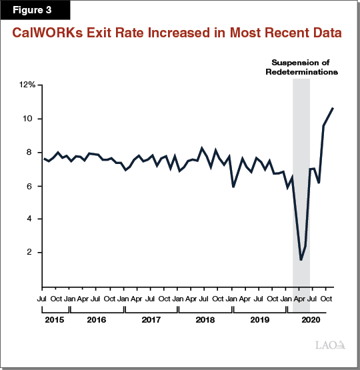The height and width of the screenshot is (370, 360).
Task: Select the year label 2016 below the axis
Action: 97,320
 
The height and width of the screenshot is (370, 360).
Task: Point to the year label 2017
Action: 151,320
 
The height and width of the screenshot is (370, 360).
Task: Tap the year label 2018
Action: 206,320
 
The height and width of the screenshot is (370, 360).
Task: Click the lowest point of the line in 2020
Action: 301,260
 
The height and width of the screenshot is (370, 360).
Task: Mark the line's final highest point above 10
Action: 333,108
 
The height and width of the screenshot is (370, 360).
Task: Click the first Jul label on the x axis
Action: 42,299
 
